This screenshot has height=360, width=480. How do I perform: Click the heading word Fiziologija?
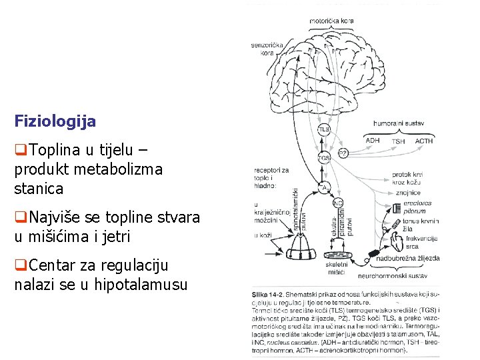pos(55,122)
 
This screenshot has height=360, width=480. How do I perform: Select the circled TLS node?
pos(324,129)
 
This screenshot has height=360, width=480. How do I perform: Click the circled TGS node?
pos(324,159)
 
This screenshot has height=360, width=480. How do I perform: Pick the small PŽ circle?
pos(342,153)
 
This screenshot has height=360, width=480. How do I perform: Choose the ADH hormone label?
pos(373,141)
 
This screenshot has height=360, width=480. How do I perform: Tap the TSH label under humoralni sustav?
pos(398,141)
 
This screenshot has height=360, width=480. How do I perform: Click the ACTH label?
pos(424,141)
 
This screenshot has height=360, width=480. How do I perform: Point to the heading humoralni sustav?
pos(399,123)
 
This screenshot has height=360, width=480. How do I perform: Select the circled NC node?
pos(337,203)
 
